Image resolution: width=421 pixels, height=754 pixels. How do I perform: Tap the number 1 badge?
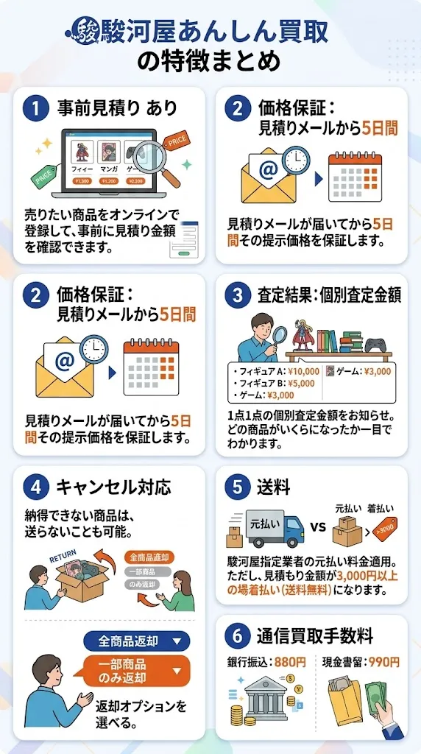[x=35, y=108]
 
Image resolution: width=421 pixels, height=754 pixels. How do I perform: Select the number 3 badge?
[x=237, y=295]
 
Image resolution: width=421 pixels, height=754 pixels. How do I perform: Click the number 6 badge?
[x=237, y=635]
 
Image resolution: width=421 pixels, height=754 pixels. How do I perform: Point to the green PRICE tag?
[x=43, y=175]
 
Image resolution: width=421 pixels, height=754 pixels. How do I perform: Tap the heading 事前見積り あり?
[x=117, y=108]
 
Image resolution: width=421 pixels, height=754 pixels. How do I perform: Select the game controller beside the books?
[x=377, y=343]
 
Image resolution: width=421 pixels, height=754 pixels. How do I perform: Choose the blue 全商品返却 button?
[x=136, y=641]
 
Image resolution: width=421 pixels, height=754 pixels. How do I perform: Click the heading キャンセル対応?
[x=114, y=487]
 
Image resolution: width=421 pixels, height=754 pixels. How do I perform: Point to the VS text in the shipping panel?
[x=318, y=527]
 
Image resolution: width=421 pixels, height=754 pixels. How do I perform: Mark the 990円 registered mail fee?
[x=383, y=662]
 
